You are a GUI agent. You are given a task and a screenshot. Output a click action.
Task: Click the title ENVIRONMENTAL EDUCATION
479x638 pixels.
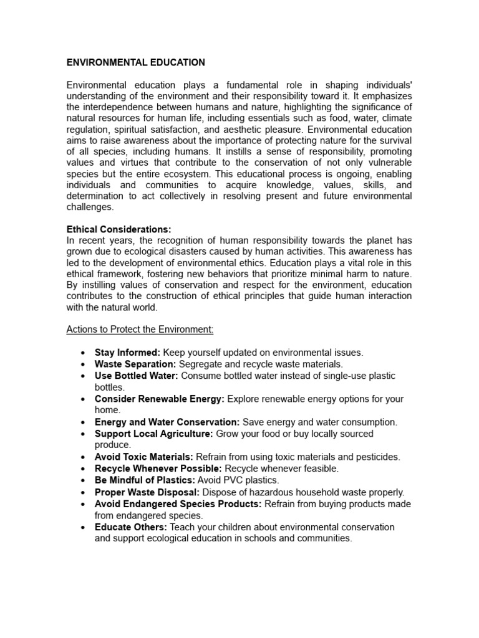pyautogui.click(x=135, y=62)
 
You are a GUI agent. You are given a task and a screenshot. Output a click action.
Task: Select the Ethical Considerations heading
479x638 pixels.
pyautogui.click(x=119, y=229)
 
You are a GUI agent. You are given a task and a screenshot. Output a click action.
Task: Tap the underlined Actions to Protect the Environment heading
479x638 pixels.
pyautogui.click(x=140, y=329)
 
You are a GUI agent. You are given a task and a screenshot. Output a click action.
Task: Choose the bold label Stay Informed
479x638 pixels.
pyautogui.click(x=127, y=353)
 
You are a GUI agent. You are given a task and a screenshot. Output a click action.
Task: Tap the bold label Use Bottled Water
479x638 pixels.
pyautogui.click(x=136, y=376)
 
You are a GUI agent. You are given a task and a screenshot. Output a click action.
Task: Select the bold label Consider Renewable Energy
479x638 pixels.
pyautogui.click(x=160, y=399)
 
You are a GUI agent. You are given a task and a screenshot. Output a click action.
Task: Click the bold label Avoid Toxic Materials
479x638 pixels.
pyautogui.click(x=143, y=457)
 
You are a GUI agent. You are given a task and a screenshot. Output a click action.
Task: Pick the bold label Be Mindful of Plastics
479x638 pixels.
pyautogui.click(x=145, y=480)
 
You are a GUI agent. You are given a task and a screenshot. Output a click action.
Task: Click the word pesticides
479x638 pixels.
pyautogui.click(x=378, y=457)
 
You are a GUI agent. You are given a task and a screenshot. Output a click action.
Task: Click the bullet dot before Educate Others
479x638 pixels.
pyautogui.click(x=83, y=528)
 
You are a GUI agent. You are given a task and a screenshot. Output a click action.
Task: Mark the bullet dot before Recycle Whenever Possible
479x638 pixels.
pyautogui.click(x=83, y=469)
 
